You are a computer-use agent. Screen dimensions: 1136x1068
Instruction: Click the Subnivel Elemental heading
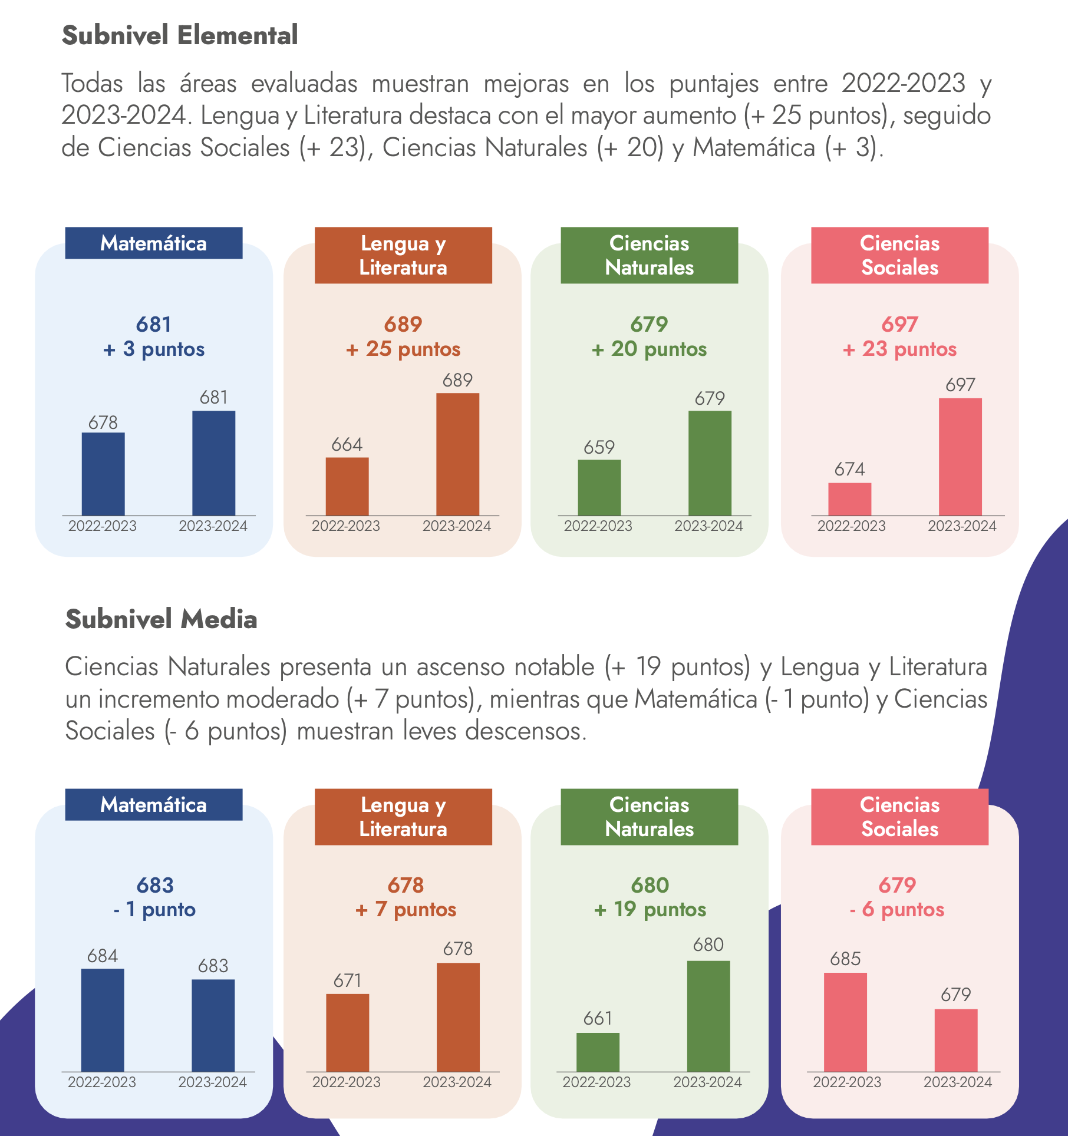pyautogui.click(x=180, y=35)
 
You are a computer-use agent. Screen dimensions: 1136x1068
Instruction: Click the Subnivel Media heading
pyautogui.click(x=161, y=619)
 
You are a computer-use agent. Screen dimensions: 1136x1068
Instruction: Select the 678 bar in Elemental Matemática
pyautogui.click(x=103, y=474)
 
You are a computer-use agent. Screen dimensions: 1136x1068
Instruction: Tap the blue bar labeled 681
pyautogui.click(x=213, y=463)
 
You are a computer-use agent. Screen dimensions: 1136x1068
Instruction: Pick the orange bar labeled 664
pyautogui.click(x=347, y=487)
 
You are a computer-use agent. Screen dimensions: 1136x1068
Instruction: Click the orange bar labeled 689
pyautogui.click(x=457, y=454)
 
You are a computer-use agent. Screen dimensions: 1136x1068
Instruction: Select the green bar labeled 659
pyautogui.click(x=599, y=488)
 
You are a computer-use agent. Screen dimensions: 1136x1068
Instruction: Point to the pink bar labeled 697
pyautogui.click(x=960, y=457)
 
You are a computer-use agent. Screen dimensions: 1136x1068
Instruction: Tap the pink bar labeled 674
pyautogui.click(x=849, y=499)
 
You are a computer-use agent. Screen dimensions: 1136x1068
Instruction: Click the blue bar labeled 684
pyautogui.click(x=103, y=1020)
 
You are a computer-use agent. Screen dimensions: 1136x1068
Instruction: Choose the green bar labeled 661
pyautogui.click(x=598, y=1052)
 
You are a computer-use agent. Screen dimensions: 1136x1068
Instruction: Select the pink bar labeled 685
pyautogui.click(x=845, y=1022)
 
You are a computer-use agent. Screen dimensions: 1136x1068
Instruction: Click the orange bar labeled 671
pyautogui.click(x=347, y=1032)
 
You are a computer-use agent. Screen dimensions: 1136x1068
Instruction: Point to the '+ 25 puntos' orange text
pyautogui.click(x=403, y=349)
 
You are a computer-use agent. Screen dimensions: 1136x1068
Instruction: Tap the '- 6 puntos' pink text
pyautogui.click(x=897, y=909)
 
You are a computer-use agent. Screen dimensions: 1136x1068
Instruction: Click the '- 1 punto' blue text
pyautogui.click(x=154, y=909)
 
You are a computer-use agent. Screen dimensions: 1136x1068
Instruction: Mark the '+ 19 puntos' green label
pyautogui.click(x=650, y=909)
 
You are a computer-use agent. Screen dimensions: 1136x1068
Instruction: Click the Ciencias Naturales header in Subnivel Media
pyautogui.click(x=649, y=817)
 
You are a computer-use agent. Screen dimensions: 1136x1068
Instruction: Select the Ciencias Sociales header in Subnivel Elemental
pyautogui.click(x=899, y=255)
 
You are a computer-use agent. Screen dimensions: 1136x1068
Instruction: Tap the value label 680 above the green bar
pyautogui.click(x=708, y=945)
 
